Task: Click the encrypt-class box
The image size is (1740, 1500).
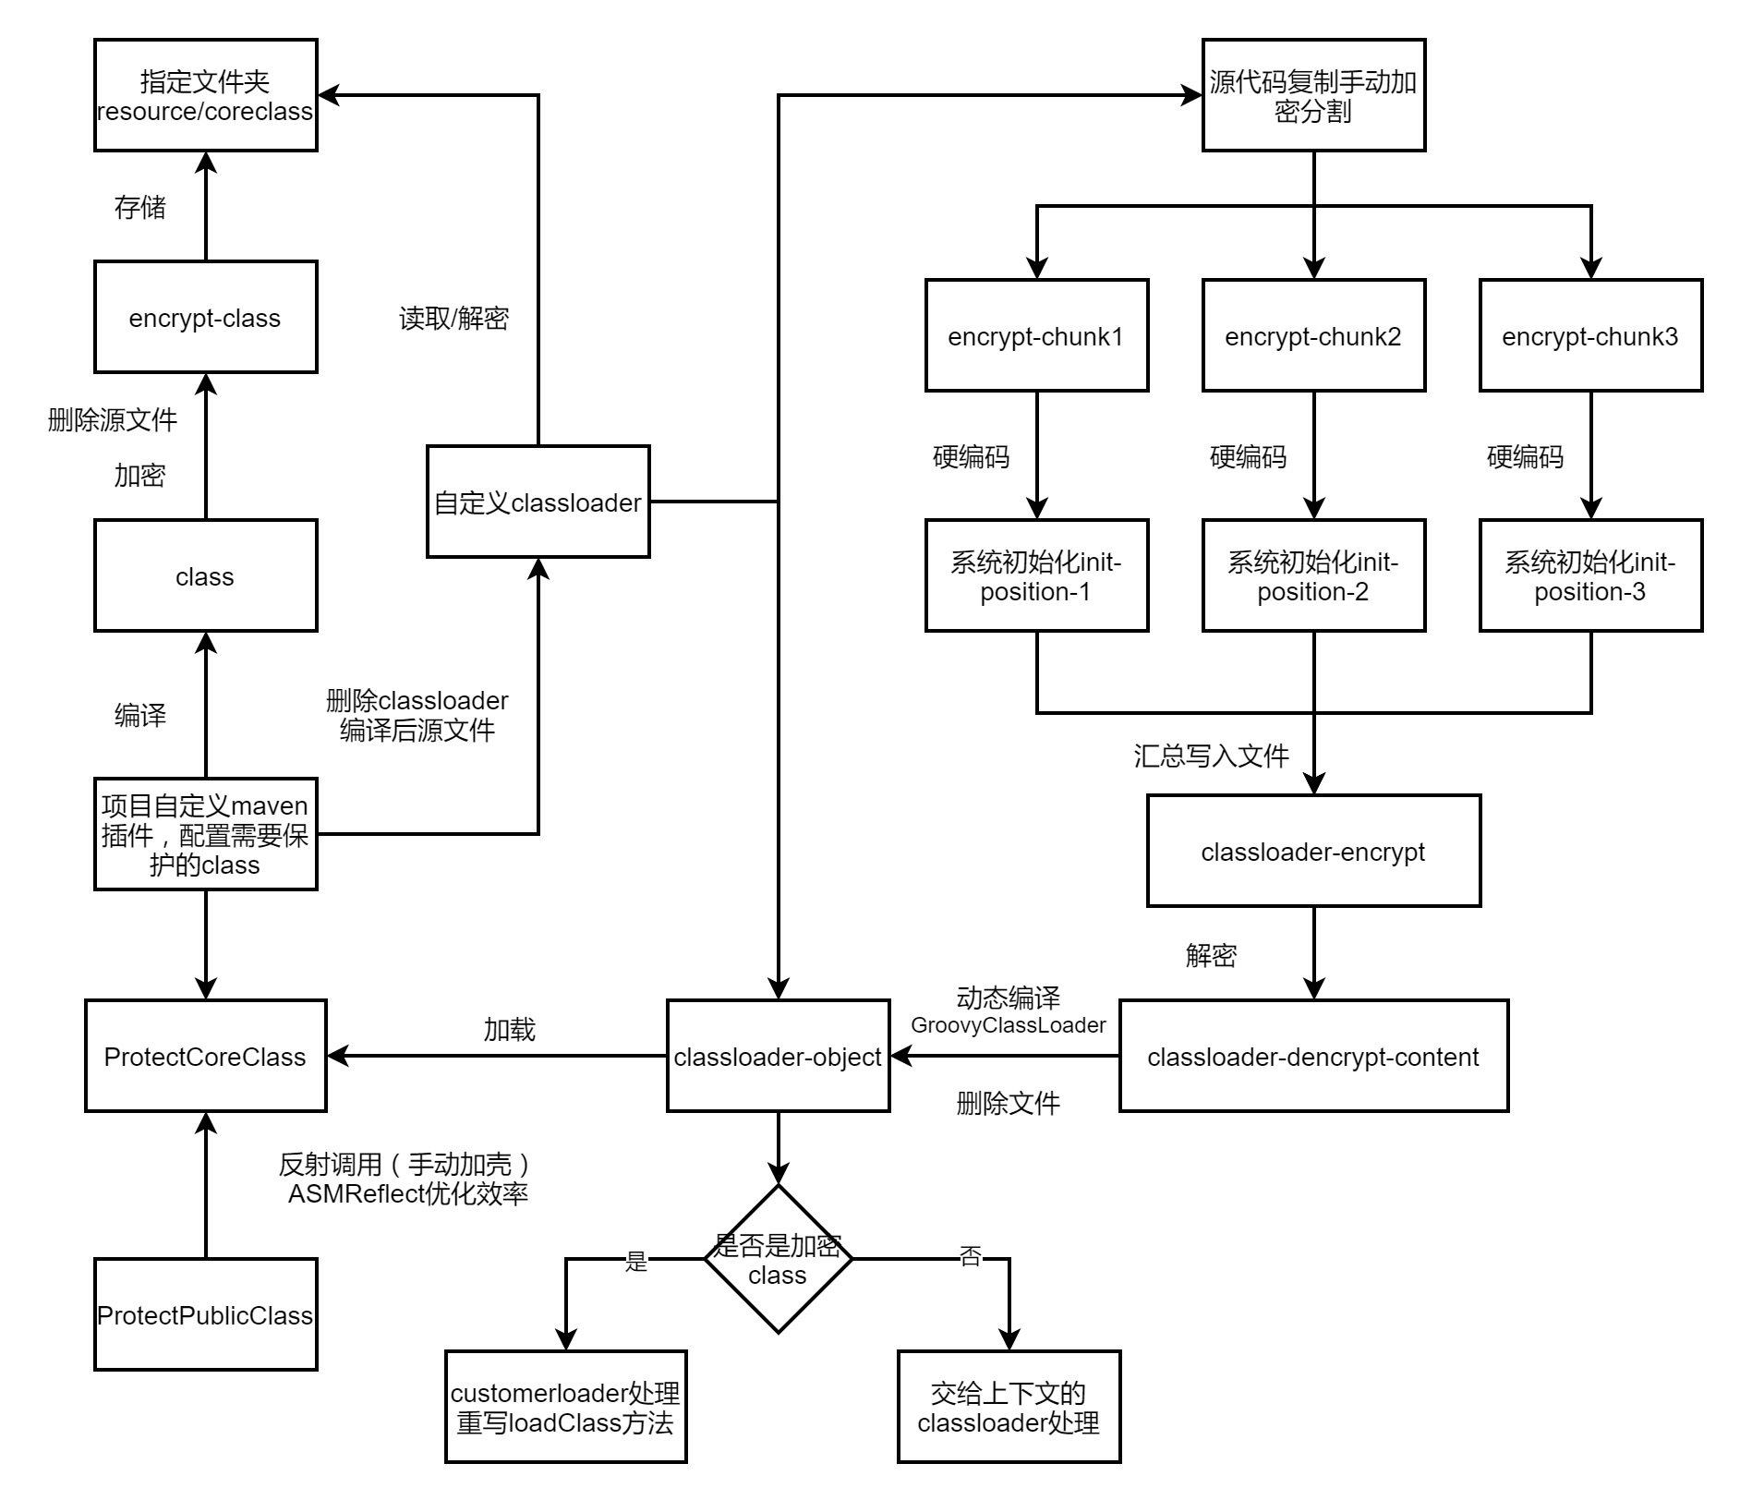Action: [x=205, y=317]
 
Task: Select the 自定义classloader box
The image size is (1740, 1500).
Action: [x=538, y=502]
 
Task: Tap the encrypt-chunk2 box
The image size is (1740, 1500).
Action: [x=1313, y=335]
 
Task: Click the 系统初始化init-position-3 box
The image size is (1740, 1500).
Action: [x=1590, y=575]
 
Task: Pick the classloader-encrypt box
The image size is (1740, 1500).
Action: [x=1313, y=851]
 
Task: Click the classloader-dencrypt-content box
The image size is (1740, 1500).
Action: [x=1313, y=1056]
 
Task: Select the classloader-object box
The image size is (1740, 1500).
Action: [x=778, y=1056]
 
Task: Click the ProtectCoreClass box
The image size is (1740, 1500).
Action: [x=205, y=1056]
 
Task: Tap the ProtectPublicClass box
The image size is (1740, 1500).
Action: [x=205, y=1314]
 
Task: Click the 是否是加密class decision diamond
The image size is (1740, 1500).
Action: [x=778, y=1259]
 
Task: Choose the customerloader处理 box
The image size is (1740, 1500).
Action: [x=565, y=1407]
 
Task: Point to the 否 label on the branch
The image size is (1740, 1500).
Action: [x=970, y=1256]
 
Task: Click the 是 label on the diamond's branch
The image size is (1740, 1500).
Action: [x=636, y=1262]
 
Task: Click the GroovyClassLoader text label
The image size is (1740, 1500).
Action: [x=1008, y=1025]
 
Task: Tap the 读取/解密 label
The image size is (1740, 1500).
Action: [x=453, y=319]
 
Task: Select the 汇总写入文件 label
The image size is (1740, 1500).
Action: [x=1211, y=756]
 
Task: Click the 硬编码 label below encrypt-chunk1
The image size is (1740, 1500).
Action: [x=971, y=457]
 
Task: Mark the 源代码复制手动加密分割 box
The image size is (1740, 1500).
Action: [x=1313, y=95]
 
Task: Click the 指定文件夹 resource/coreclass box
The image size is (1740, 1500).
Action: [x=205, y=95]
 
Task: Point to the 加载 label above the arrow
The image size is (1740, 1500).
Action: [x=509, y=1030]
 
